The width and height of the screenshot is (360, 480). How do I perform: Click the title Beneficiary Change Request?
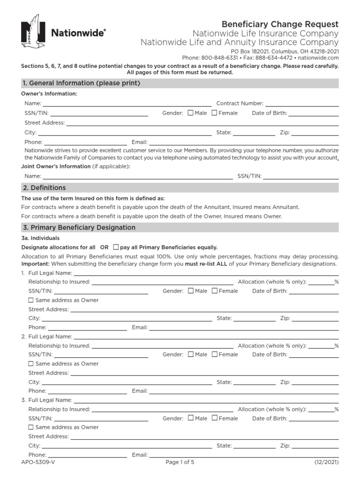(x=280, y=24)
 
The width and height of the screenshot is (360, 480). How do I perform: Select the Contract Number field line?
(x=302, y=104)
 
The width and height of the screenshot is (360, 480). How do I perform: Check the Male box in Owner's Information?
(x=190, y=113)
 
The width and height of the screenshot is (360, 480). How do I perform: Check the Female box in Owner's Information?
(x=214, y=113)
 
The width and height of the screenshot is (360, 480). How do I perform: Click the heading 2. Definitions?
(x=44, y=187)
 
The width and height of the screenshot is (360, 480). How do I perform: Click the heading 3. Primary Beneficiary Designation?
(x=78, y=227)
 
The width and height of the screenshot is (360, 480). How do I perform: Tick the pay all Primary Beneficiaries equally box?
(x=116, y=247)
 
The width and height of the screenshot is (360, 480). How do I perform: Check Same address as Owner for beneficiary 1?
(x=31, y=300)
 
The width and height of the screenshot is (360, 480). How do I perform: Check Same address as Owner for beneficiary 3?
(x=31, y=427)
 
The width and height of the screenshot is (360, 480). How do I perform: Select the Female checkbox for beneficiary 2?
(x=215, y=354)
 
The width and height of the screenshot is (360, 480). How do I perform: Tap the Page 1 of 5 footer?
(x=180, y=462)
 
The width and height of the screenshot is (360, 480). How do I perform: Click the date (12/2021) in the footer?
(x=326, y=462)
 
